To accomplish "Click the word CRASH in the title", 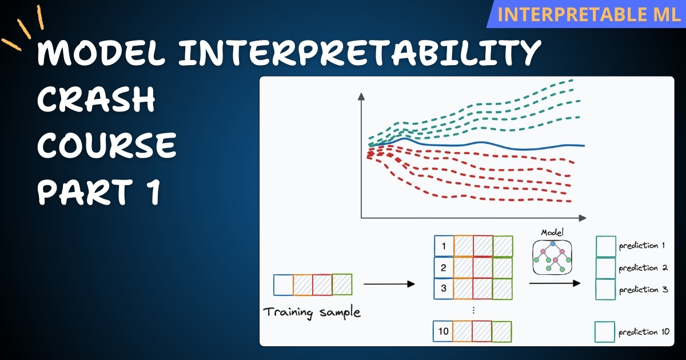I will [x=97, y=101].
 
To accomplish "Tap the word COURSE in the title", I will [x=107, y=147].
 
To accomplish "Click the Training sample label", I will [x=312, y=313].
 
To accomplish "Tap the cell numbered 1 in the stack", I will [x=444, y=246].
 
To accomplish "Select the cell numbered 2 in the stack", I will [x=444, y=267].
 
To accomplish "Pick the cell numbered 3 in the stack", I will [x=444, y=288].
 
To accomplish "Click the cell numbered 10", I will [x=444, y=331].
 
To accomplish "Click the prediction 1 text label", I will [x=641, y=246].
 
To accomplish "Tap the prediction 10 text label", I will [x=644, y=332].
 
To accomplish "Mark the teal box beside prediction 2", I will [x=605, y=268].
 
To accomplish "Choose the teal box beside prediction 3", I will [x=605, y=289].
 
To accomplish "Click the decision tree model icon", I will [x=552, y=257].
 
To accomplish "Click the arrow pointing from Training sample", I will [x=389, y=284].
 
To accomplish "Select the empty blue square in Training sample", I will [x=284, y=285].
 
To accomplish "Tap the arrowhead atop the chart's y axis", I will [x=361, y=98].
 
